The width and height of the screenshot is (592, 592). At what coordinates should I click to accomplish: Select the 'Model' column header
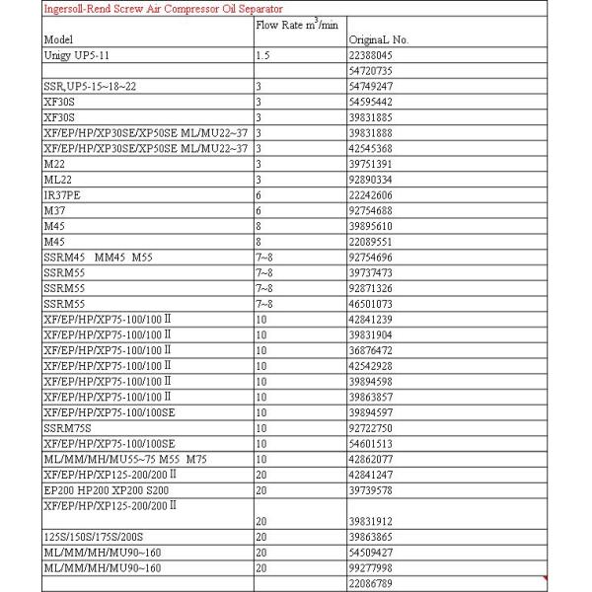click(59, 39)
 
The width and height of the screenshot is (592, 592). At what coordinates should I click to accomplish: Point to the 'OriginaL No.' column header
click(379, 39)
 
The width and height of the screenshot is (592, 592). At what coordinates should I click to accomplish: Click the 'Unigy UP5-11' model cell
click(78, 56)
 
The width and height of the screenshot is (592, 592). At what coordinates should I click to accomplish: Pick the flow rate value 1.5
click(262, 56)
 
